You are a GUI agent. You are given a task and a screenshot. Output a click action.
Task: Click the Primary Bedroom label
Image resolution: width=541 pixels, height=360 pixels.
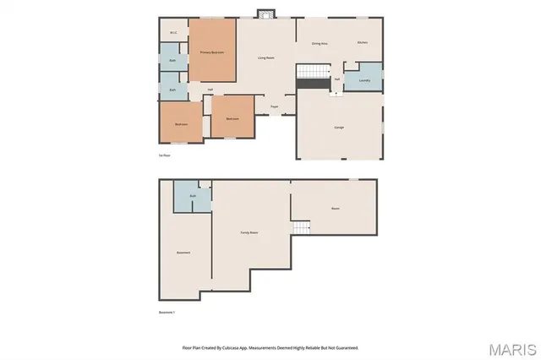211,52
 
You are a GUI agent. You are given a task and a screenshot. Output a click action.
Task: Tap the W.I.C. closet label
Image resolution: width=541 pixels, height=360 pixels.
172,34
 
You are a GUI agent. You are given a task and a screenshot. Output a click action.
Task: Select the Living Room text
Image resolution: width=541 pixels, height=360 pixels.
266,57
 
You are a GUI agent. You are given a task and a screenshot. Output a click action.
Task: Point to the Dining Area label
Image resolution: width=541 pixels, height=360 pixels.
320,42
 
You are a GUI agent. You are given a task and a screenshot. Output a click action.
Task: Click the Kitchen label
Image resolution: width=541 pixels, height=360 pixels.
363,42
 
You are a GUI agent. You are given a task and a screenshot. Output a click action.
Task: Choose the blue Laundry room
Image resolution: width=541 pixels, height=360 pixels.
365,80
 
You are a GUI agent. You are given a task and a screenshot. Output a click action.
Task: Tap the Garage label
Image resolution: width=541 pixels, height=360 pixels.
338,126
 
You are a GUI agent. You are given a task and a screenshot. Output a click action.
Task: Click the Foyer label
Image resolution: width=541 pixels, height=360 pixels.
275,106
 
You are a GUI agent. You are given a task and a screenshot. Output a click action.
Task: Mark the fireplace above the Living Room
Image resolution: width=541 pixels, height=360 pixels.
266,14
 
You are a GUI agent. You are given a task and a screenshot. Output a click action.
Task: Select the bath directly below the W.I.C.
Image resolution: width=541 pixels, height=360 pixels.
172,61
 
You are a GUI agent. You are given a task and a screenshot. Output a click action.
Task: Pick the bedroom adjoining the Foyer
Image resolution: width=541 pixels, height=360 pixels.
232,118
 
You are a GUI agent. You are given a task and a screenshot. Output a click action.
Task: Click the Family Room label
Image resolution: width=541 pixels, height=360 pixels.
249,232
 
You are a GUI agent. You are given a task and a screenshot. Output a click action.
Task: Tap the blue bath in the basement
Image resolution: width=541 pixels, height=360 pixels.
193,196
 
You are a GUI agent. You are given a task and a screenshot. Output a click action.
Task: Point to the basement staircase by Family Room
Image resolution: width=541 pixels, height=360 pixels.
302,228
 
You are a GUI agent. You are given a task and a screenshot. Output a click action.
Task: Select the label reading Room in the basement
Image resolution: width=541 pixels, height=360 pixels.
335,207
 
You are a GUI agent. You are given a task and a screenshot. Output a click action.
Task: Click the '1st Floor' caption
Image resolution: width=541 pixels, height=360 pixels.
165,155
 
